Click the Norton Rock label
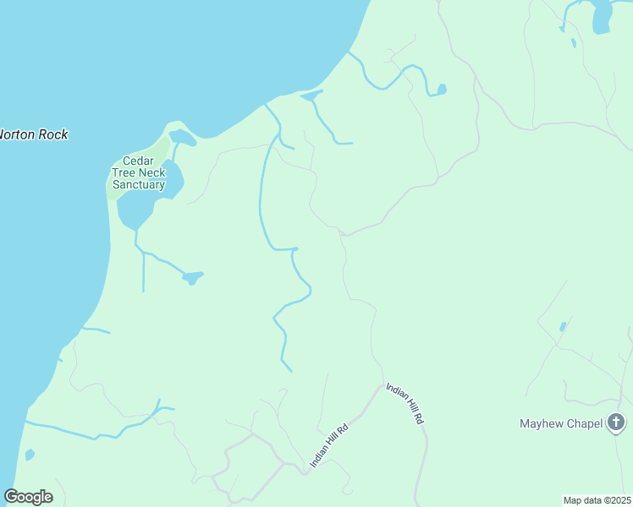[32, 134]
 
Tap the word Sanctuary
[138, 184]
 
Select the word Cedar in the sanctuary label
[137, 161]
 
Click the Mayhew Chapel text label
[562, 423]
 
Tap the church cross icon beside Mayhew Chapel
[617, 422]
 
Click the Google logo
[28, 497]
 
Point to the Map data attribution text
[597, 499]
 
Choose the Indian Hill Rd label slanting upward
[330, 446]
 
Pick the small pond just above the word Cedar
[181, 137]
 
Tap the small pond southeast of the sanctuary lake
[192, 276]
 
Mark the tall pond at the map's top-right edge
[601, 16]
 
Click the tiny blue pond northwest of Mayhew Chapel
[563, 326]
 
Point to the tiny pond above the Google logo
[30, 455]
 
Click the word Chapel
[584, 423]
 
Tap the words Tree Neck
[138, 172]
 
